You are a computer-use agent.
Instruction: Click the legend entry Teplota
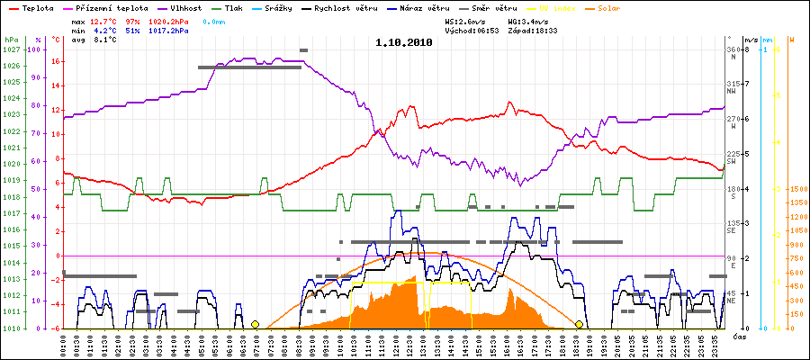pyautogui.click(x=32, y=7)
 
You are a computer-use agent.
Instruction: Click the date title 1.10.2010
pyautogui.click(x=403, y=40)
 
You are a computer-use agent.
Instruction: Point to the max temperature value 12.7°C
pyautogui.click(x=104, y=20)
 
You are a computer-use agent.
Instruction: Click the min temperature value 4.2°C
pyautogui.click(x=104, y=30)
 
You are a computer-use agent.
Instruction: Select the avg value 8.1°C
pyautogui.click(x=104, y=40)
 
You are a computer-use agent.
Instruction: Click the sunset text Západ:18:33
pyautogui.click(x=533, y=30)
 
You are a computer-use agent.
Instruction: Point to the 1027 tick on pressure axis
pyautogui.click(x=11, y=49)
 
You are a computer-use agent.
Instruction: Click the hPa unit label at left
pyautogui.click(x=11, y=40)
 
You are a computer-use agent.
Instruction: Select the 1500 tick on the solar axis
pyautogui.click(x=796, y=190)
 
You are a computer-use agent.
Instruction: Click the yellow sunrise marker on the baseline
pyautogui.click(x=255, y=324)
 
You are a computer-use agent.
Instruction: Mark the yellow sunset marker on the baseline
pyautogui.click(x=579, y=324)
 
